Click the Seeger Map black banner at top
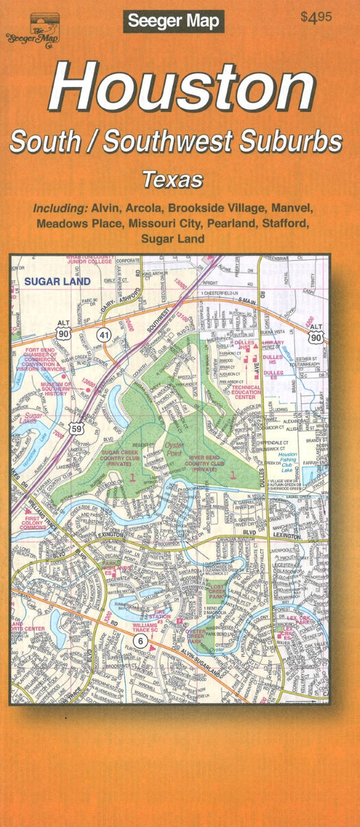click(x=174, y=22)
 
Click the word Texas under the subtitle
click(x=173, y=180)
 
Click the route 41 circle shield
click(x=103, y=334)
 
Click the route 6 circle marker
click(x=140, y=641)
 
